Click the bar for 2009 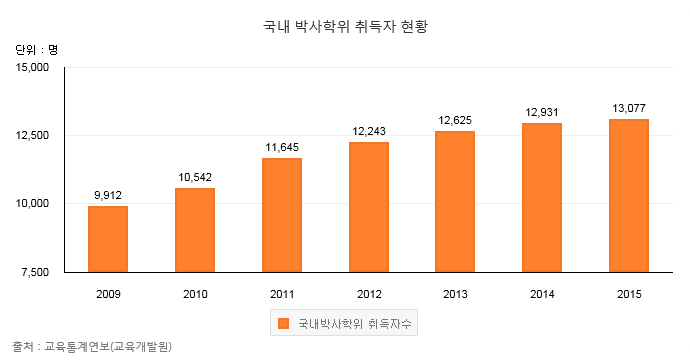click(x=108, y=239)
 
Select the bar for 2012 click(x=369, y=207)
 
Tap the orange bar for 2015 click(x=629, y=196)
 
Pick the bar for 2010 click(x=195, y=230)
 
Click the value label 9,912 click(x=108, y=195)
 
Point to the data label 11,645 click(x=282, y=147)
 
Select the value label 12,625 click(x=455, y=120)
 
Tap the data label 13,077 click(x=629, y=108)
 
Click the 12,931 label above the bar click(x=542, y=112)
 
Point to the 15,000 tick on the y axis click(x=32, y=67)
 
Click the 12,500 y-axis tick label click(x=32, y=136)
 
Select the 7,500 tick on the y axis click(x=35, y=272)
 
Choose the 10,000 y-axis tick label click(x=32, y=204)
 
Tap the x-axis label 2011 click(x=282, y=294)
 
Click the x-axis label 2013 click(x=455, y=294)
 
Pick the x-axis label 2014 click(x=542, y=294)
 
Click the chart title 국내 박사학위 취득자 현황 click(x=345, y=26)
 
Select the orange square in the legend click(x=283, y=323)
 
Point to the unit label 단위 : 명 click(x=36, y=50)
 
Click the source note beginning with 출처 click(x=92, y=347)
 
